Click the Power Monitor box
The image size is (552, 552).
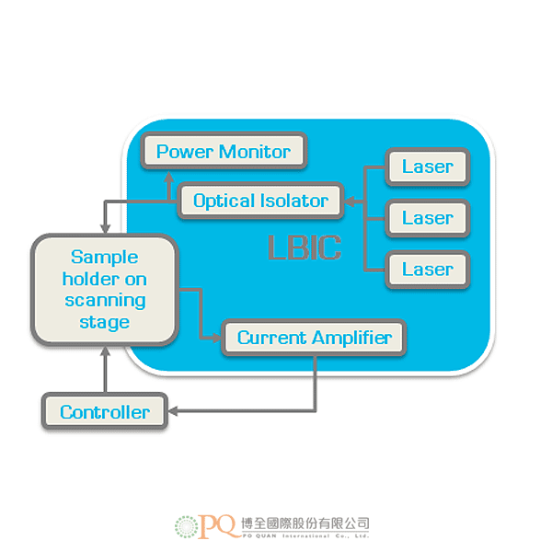tap(224, 152)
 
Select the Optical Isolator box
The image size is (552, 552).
tap(260, 201)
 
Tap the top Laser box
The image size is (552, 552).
tap(427, 167)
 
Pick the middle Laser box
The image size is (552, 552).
tap(427, 218)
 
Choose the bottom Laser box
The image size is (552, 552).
tap(427, 269)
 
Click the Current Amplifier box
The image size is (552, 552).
tap(314, 338)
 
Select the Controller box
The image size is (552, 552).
tap(104, 411)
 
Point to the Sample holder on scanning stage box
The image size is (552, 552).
tap(103, 289)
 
